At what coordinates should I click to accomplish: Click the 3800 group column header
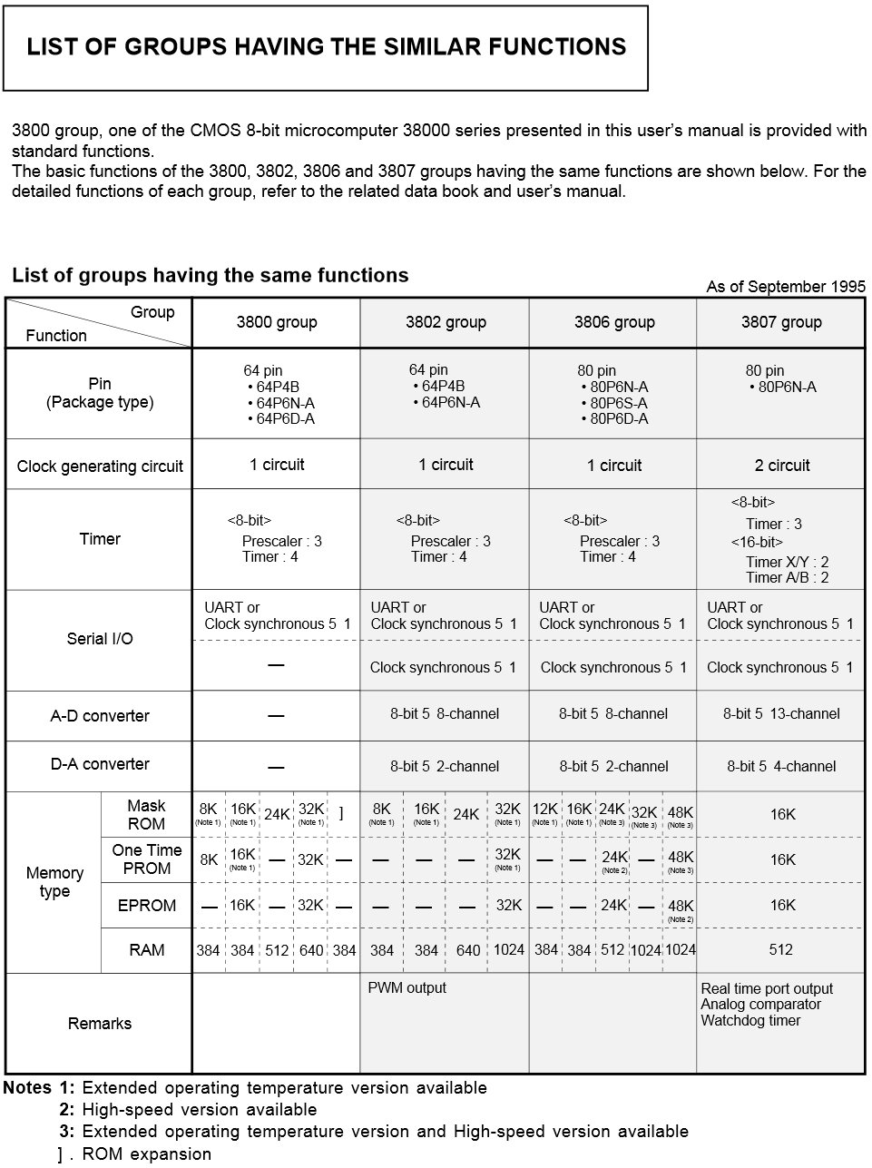[277, 322]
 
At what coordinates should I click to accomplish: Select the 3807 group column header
[781, 322]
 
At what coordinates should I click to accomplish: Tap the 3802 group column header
[446, 322]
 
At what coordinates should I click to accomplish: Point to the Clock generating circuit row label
[100, 466]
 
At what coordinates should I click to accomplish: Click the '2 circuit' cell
[781, 466]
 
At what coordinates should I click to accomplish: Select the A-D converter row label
[100, 716]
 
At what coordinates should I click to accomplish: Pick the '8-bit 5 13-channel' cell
[781, 714]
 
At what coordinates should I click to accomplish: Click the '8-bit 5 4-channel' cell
[781, 767]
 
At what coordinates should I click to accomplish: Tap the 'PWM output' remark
[407, 988]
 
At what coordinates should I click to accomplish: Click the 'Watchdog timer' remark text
[750, 1021]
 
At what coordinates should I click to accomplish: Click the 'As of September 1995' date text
[786, 287]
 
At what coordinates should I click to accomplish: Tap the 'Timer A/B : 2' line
[787, 578]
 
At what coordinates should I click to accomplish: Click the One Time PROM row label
[146, 859]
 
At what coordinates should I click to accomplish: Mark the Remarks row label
[100, 1024]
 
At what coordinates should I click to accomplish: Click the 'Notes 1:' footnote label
[39, 1088]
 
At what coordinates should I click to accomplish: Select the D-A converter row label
[100, 765]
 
